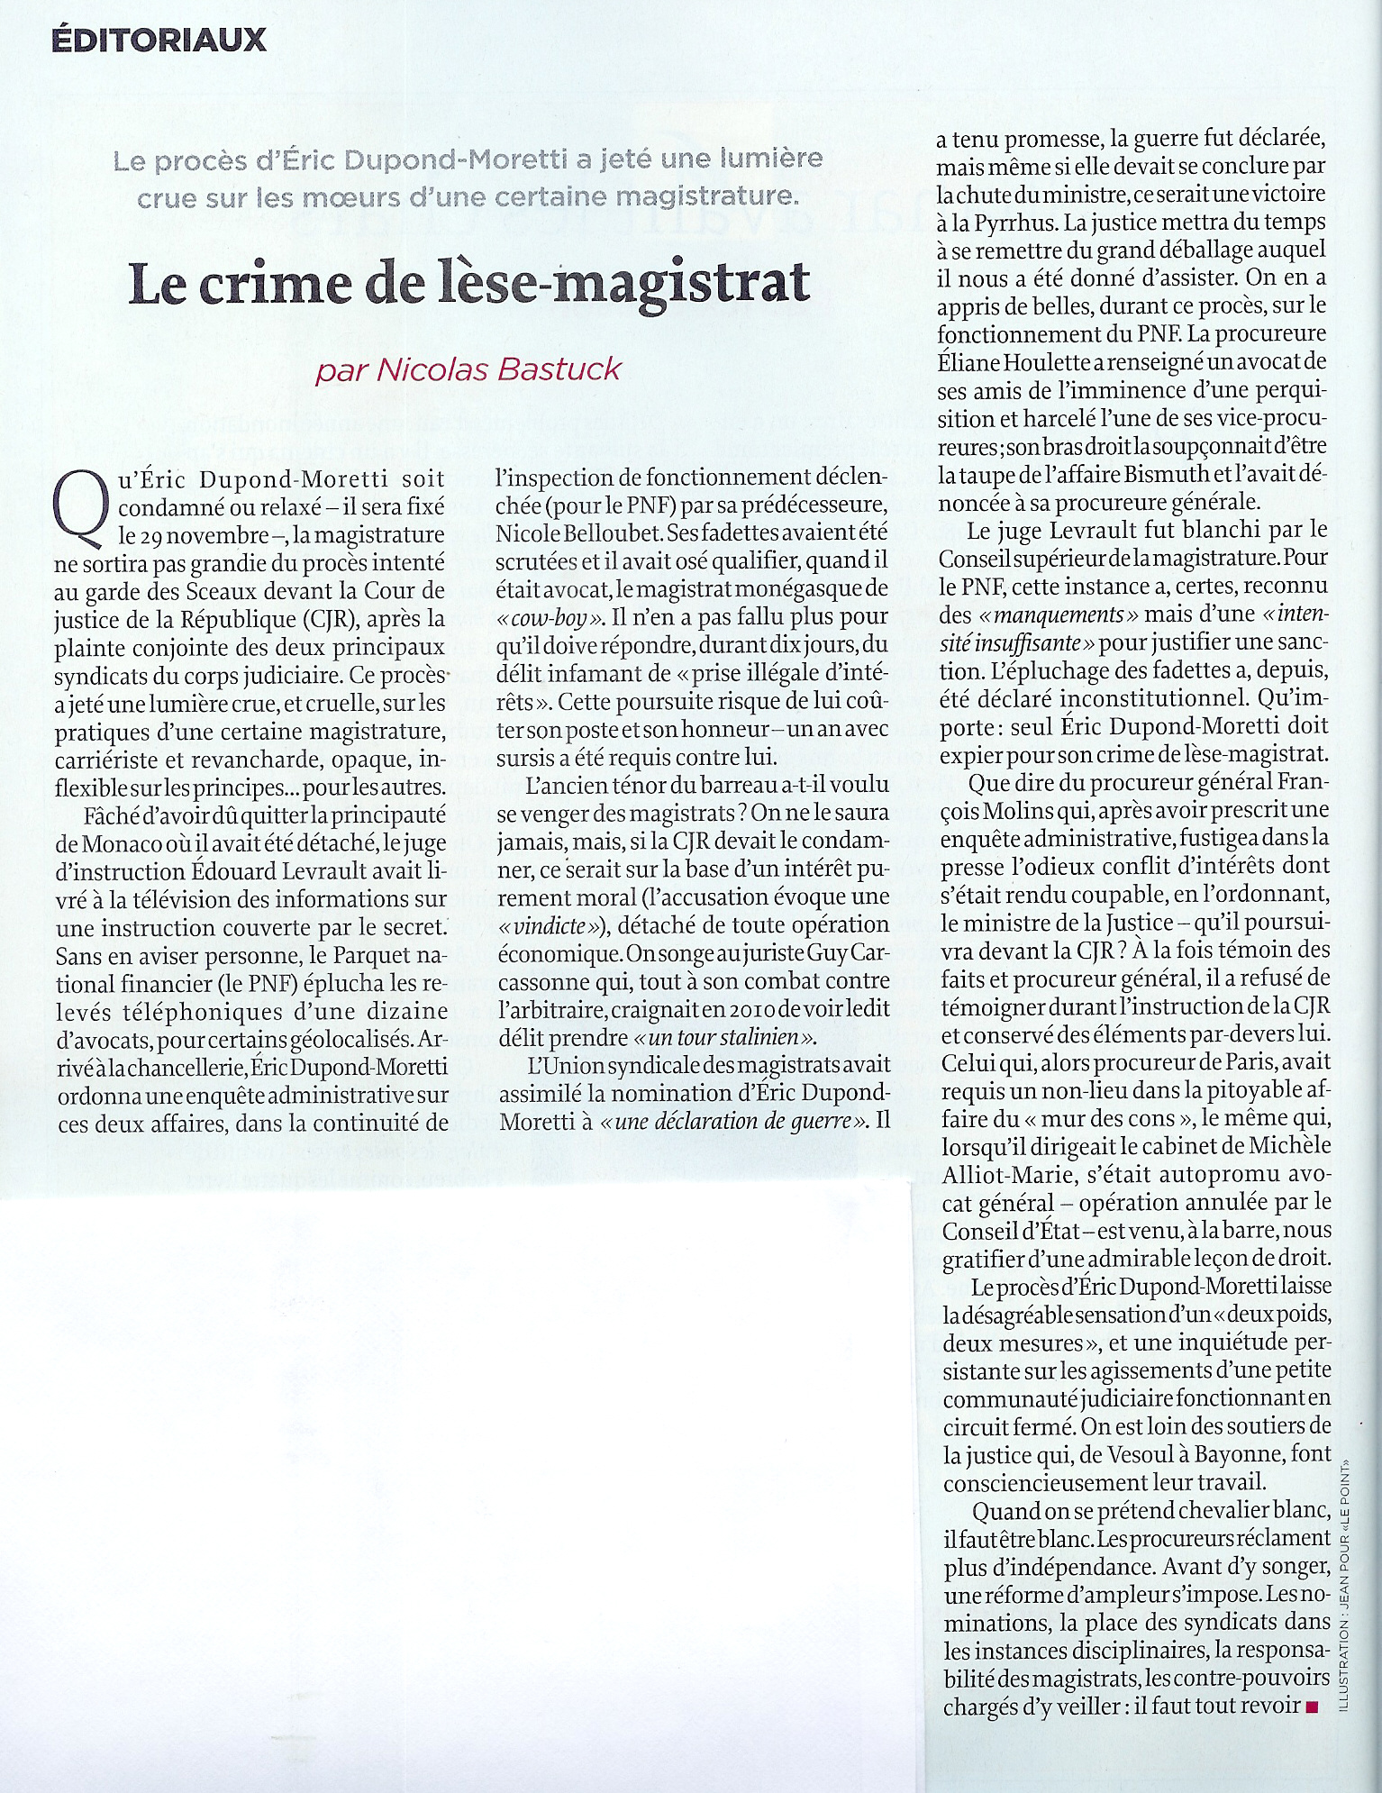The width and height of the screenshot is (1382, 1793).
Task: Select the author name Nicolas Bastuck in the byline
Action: pos(500,369)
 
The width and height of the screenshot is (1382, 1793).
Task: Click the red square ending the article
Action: pos(1311,1705)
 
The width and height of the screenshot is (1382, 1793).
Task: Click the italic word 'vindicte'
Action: pos(551,924)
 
